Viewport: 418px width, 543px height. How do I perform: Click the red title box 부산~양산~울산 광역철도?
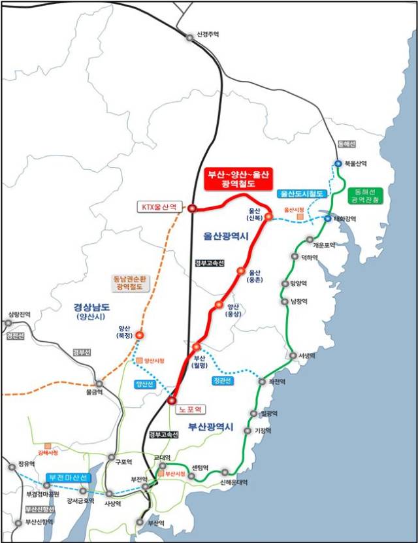(237, 178)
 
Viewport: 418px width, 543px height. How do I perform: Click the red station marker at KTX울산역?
(192, 208)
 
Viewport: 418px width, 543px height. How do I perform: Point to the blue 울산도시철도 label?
(300, 194)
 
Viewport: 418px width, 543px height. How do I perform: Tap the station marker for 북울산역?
(338, 163)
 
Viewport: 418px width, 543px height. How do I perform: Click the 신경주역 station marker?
(190, 38)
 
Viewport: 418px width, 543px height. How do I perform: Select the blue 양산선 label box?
(144, 384)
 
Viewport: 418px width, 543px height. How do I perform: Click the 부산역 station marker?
(140, 521)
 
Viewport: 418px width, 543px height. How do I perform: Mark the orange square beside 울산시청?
(300, 216)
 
